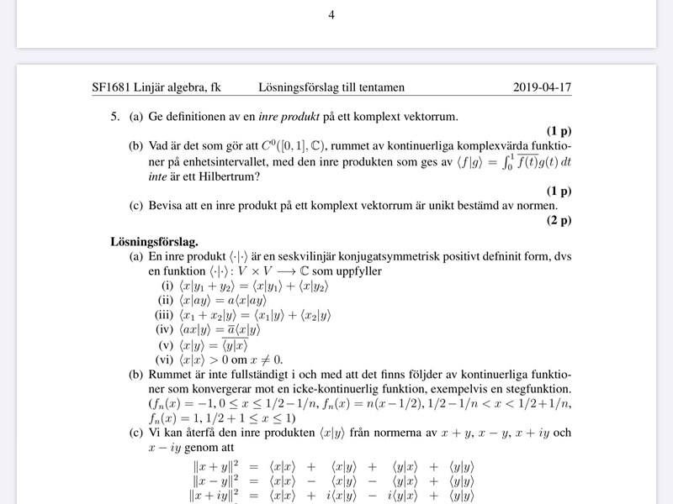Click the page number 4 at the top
331,14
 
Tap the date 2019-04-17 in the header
542,87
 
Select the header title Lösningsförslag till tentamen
332,87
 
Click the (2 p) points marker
558,221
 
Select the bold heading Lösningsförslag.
154,241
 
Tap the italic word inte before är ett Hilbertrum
158,176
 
